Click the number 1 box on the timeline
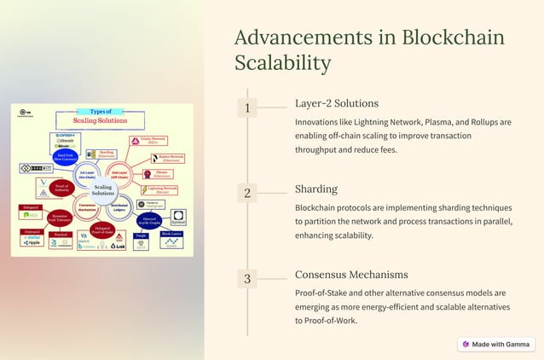pyautogui.click(x=247, y=108)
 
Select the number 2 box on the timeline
pyautogui.click(x=247, y=194)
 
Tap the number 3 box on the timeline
pyautogui.click(x=247, y=279)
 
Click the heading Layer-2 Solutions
pyautogui.click(x=336, y=103)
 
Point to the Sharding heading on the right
pyautogui.click(x=316, y=189)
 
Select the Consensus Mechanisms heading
pyautogui.click(x=351, y=275)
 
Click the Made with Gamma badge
pyautogui.click(x=495, y=344)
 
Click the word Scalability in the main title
pyautogui.click(x=283, y=63)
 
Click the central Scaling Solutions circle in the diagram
pyautogui.click(x=103, y=190)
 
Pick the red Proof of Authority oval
pyautogui.click(x=61, y=187)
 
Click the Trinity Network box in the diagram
pyautogui.click(x=148, y=141)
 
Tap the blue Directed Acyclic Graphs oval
pyautogui.click(x=148, y=220)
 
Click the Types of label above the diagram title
pyautogui.click(x=101, y=112)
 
